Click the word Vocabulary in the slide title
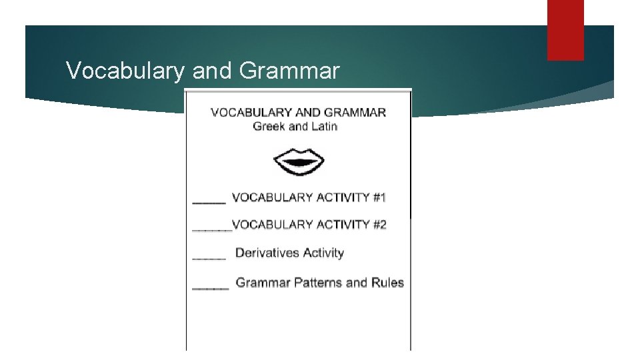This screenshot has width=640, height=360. pos(124,70)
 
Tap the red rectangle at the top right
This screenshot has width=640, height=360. pos(565,30)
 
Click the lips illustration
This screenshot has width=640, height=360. pos(299,162)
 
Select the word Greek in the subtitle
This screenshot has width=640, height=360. pos(269,127)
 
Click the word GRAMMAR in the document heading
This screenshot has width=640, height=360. pos(352,112)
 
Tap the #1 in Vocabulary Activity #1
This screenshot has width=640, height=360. pos(379,197)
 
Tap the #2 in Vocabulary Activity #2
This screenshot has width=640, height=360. pos(379,225)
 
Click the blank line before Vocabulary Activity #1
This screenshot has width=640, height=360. pos(209,201)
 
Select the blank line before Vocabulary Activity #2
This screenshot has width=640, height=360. pos(211,229)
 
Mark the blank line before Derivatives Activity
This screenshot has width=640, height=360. pos(209,257)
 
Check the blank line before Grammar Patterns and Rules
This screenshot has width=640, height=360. pos(210,287)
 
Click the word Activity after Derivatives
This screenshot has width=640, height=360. pos(323,253)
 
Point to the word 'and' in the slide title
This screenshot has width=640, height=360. pos(210,70)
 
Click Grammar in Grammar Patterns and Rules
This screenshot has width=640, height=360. pos(263,283)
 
